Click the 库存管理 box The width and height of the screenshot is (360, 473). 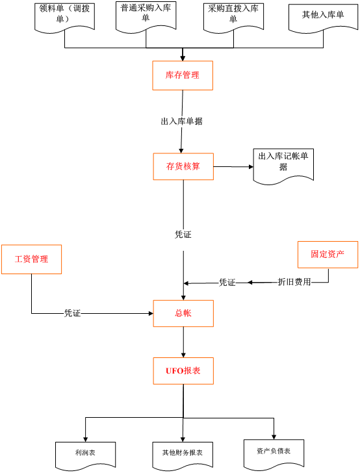(x=183, y=75)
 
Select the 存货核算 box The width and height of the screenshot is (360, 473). (x=183, y=166)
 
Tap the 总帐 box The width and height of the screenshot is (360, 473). (x=183, y=313)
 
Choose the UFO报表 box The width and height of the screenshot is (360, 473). (x=183, y=371)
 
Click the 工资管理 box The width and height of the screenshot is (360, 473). (x=31, y=259)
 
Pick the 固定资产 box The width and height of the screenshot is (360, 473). (x=328, y=255)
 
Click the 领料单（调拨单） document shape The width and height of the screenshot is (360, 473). (x=64, y=17)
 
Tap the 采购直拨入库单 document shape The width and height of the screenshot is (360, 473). (x=233, y=17)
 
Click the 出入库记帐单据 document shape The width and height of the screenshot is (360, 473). (x=283, y=166)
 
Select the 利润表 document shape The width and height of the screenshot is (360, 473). (x=85, y=455)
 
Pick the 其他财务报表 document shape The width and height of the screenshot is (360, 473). (x=183, y=455)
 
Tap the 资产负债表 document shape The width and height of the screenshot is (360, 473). (x=274, y=454)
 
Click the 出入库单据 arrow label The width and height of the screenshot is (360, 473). (x=182, y=121)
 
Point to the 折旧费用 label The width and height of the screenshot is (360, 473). (x=294, y=282)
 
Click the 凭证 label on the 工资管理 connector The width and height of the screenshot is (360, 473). (x=72, y=313)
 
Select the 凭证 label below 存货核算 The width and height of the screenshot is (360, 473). (x=183, y=235)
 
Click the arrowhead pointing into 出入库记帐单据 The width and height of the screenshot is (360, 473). (x=251, y=166)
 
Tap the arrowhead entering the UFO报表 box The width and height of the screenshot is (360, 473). (x=183, y=355)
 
